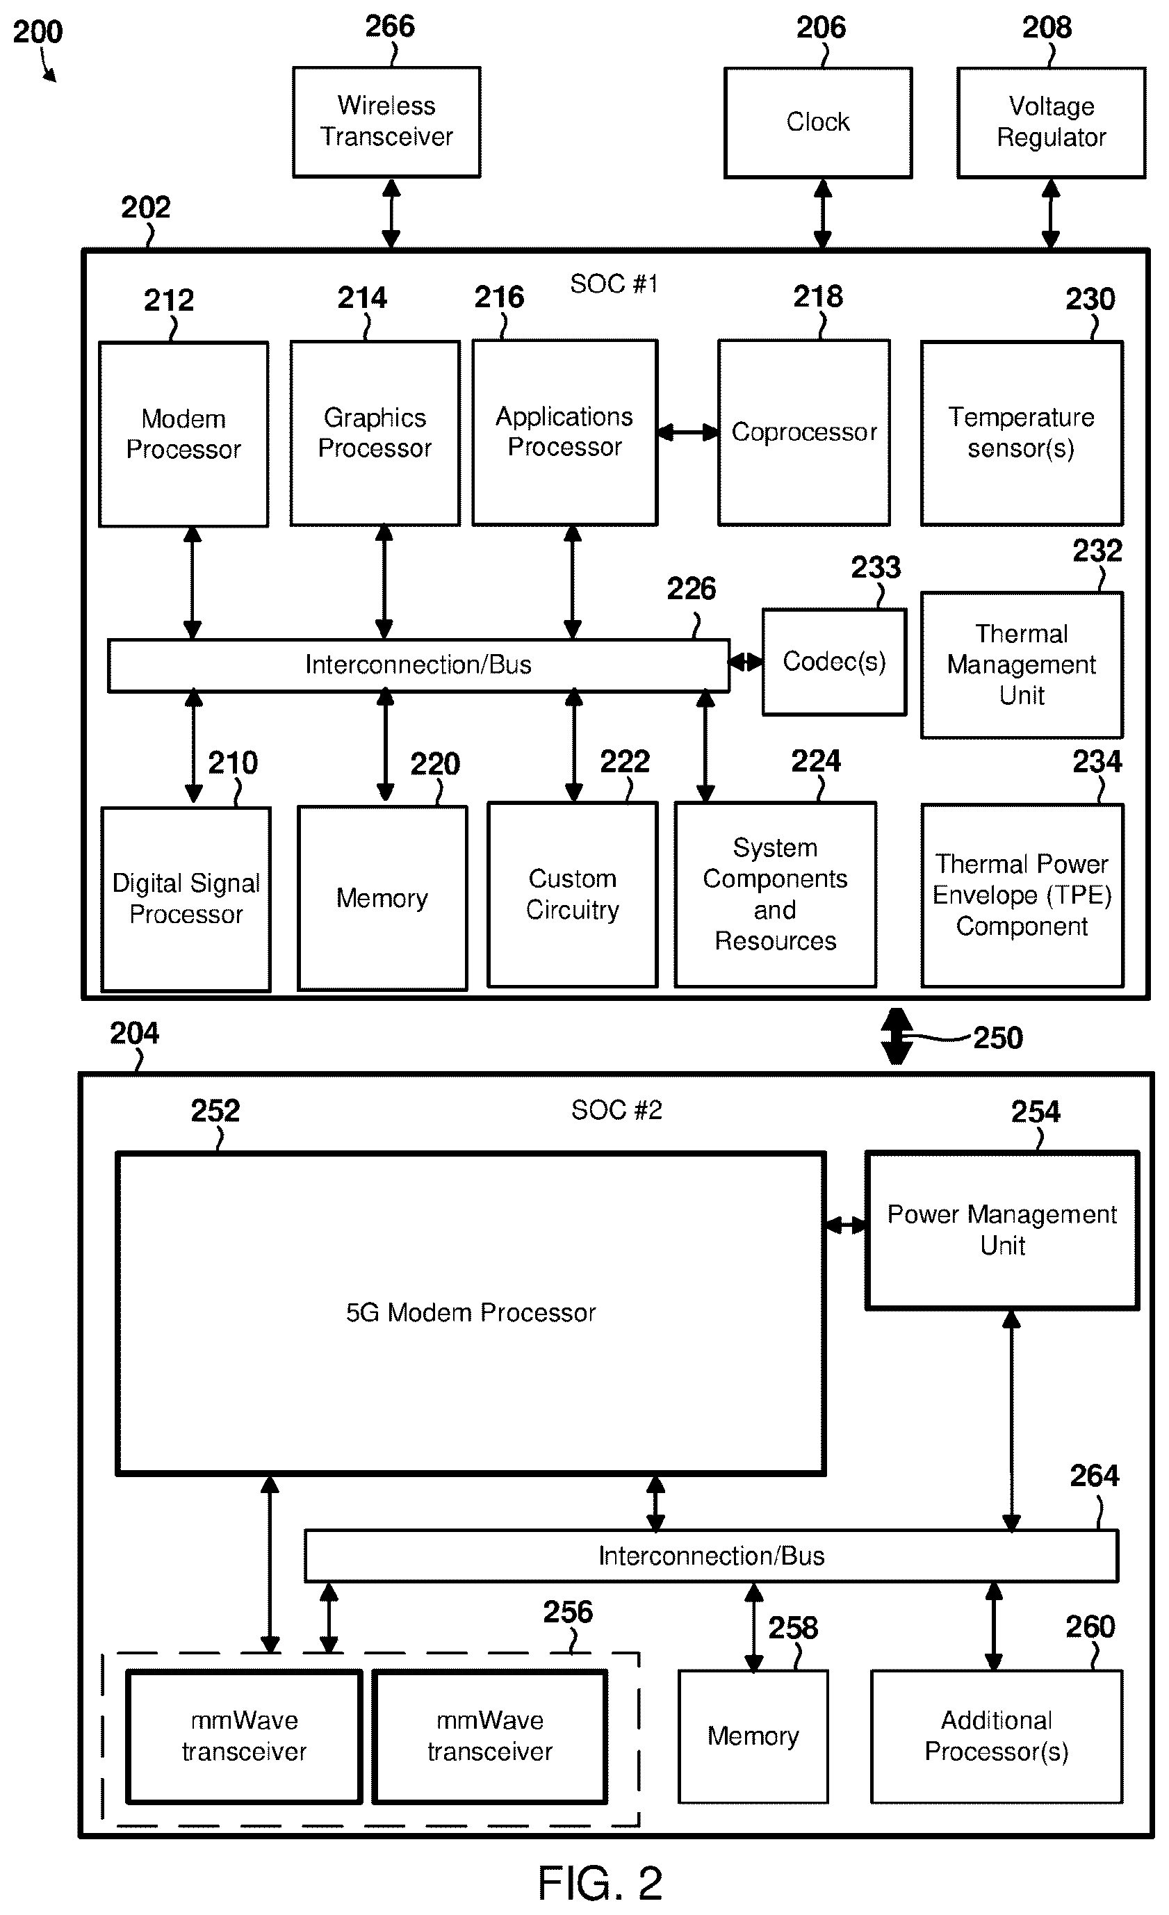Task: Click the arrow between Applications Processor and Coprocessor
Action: [688, 432]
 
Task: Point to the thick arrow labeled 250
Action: [896, 1036]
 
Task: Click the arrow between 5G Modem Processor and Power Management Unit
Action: [845, 1225]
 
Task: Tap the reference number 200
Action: [38, 32]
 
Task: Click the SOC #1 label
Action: [614, 284]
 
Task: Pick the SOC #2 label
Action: [616, 1110]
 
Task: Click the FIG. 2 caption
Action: [600, 1883]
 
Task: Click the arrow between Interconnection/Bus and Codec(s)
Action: [744, 662]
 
